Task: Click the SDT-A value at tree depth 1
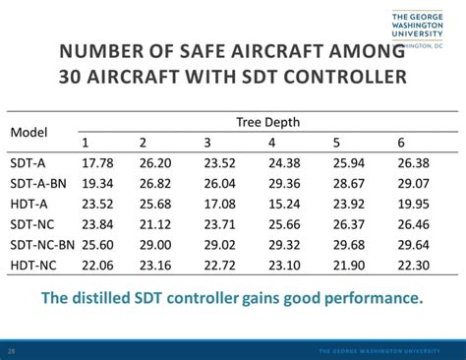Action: pyautogui.click(x=98, y=163)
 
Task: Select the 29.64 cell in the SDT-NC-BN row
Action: pyautogui.click(x=415, y=244)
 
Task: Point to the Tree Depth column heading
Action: pyautogui.click(x=267, y=122)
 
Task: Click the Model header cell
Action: pyautogui.click(x=29, y=132)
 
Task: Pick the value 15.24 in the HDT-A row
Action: pyautogui.click(x=283, y=204)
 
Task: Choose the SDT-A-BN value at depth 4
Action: pyautogui.click(x=283, y=184)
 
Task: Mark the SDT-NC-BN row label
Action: pyautogui.click(x=42, y=244)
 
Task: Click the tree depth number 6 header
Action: pyautogui.click(x=401, y=144)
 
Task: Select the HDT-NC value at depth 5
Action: pyautogui.click(x=349, y=265)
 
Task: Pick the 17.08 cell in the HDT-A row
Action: pyautogui.click(x=220, y=204)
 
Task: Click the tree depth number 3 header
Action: pyautogui.click(x=207, y=144)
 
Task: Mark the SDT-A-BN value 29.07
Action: pyautogui.click(x=415, y=184)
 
